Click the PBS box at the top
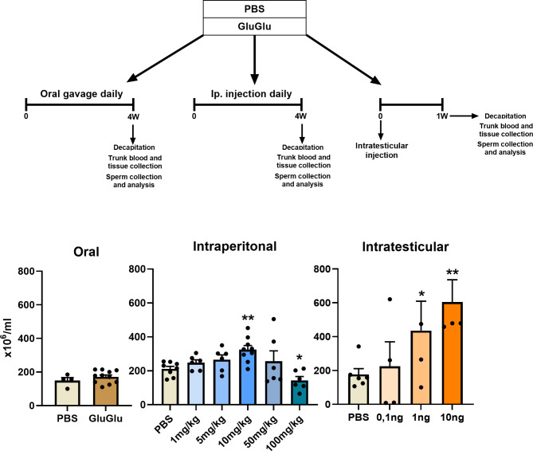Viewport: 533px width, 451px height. (265, 10)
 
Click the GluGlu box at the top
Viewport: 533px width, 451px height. (265, 27)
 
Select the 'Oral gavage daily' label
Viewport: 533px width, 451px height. (76, 92)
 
